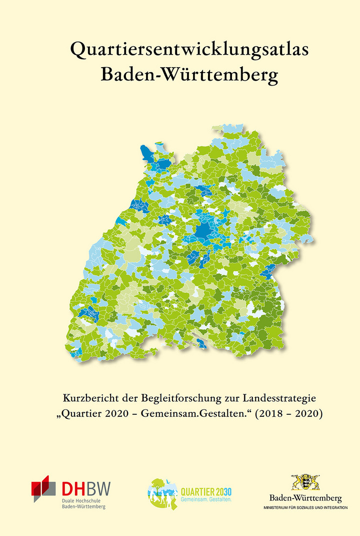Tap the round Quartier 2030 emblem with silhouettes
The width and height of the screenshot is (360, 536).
[x=162, y=493]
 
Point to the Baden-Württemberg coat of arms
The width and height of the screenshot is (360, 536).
[x=305, y=483]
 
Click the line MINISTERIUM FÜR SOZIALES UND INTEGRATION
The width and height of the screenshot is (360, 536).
[x=305, y=508]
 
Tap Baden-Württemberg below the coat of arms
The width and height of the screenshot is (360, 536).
[x=305, y=498]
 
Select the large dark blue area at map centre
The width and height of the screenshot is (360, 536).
[x=204, y=232]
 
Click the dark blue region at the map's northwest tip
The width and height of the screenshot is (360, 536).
[x=147, y=153]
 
